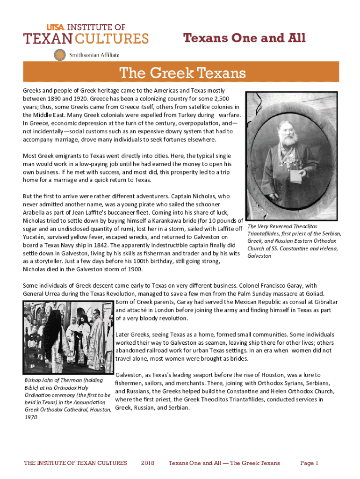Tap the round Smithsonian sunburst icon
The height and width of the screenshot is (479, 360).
60,55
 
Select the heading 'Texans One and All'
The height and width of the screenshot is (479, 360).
245,38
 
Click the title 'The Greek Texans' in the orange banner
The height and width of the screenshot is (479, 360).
182,73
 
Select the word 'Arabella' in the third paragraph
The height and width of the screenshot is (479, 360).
36,212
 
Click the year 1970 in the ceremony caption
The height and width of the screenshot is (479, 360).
30,418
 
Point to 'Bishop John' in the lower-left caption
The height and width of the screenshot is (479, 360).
43,380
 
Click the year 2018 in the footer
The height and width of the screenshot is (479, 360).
148,463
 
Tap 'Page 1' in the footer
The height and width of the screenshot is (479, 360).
309,463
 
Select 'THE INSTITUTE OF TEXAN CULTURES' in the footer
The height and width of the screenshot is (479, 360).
75,463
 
